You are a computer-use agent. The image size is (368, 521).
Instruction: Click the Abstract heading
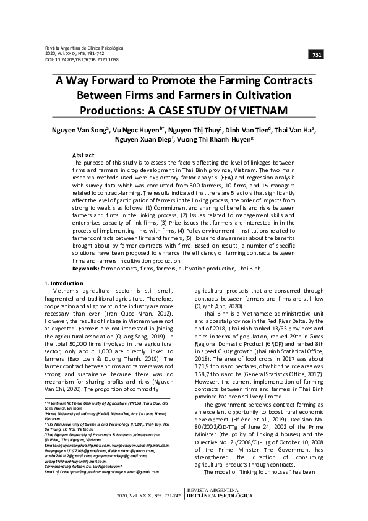(83, 155)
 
